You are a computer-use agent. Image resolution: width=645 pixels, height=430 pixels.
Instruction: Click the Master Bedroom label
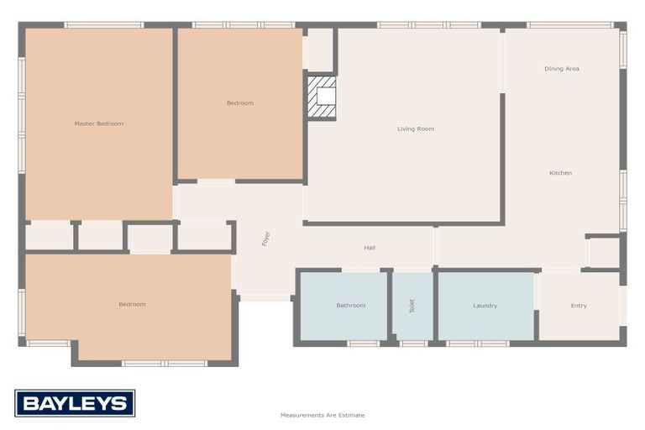click(99, 123)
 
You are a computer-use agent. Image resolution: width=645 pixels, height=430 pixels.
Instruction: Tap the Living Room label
click(416, 128)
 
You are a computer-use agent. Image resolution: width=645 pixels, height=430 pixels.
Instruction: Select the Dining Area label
click(562, 69)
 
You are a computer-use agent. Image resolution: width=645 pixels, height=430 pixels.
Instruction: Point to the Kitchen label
click(560, 173)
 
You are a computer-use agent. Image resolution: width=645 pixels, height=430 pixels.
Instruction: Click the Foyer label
click(266, 239)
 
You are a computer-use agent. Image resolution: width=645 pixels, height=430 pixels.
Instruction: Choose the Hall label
click(370, 248)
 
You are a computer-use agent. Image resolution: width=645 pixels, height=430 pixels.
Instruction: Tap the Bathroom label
click(351, 305)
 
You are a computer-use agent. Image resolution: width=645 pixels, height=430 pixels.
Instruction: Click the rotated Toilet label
click(412, 306)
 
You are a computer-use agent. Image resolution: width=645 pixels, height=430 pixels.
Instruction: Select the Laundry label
click(485, 305)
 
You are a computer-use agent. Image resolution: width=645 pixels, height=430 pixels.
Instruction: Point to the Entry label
click(579, 305)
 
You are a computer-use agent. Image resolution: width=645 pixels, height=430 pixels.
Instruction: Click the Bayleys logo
click(75, 403)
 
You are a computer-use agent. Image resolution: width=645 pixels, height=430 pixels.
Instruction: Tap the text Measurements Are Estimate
click(322, 415)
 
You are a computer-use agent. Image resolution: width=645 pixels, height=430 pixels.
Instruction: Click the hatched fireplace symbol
click(322, 98)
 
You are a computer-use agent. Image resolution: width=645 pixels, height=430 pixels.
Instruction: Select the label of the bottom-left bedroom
click(132, 304)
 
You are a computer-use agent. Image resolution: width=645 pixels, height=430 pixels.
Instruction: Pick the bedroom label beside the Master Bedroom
click(239, 103)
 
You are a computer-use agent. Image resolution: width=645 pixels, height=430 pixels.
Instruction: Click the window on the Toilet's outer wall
click(412, 343)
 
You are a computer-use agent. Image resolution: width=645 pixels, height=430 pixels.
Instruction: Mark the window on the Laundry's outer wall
click(477, 343)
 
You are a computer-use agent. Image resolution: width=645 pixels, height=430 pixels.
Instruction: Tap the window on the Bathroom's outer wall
click(363, 343)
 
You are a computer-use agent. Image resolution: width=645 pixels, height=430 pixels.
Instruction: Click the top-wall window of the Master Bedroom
click(104, 24)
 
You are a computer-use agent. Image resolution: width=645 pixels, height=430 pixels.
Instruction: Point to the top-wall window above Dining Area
click(570, 24)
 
